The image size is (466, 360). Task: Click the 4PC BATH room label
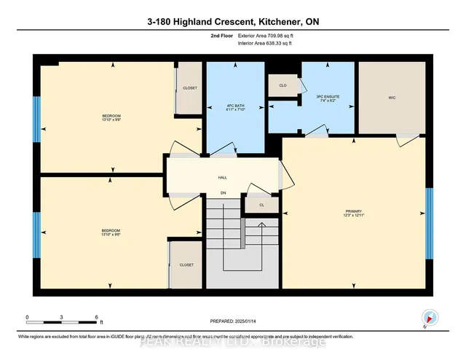(x=234, y=104)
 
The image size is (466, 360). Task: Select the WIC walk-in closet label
(x=391, y=96)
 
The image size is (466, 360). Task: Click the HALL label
(x=224, y=177)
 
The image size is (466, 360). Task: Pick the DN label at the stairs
(x=224, y=193)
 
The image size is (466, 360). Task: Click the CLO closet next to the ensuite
(x=282, y=85)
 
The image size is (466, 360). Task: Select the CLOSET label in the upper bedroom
(x=190, y=88)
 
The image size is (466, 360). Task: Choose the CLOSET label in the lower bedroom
(x=186, y=265)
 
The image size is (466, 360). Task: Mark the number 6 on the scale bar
(x=97, y=317)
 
